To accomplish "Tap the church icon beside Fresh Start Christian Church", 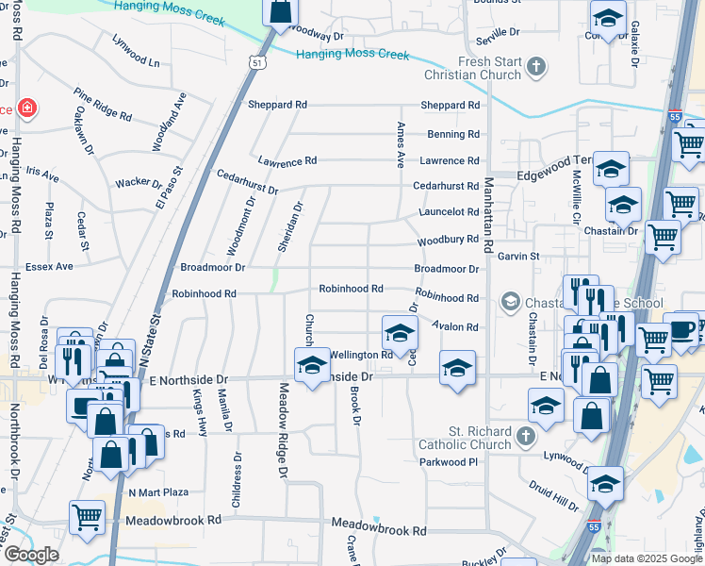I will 536,67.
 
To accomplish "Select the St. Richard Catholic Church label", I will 465,439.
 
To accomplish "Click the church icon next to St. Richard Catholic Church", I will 526,439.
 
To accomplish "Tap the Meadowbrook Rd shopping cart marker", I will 87,517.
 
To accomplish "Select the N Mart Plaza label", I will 158,492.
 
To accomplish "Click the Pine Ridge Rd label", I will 103,104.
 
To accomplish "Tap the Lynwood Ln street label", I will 135,51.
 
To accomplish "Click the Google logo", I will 30,556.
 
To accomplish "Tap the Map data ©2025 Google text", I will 646,558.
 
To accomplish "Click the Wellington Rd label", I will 361,356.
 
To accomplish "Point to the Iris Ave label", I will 42,175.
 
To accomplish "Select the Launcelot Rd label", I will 449,213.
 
